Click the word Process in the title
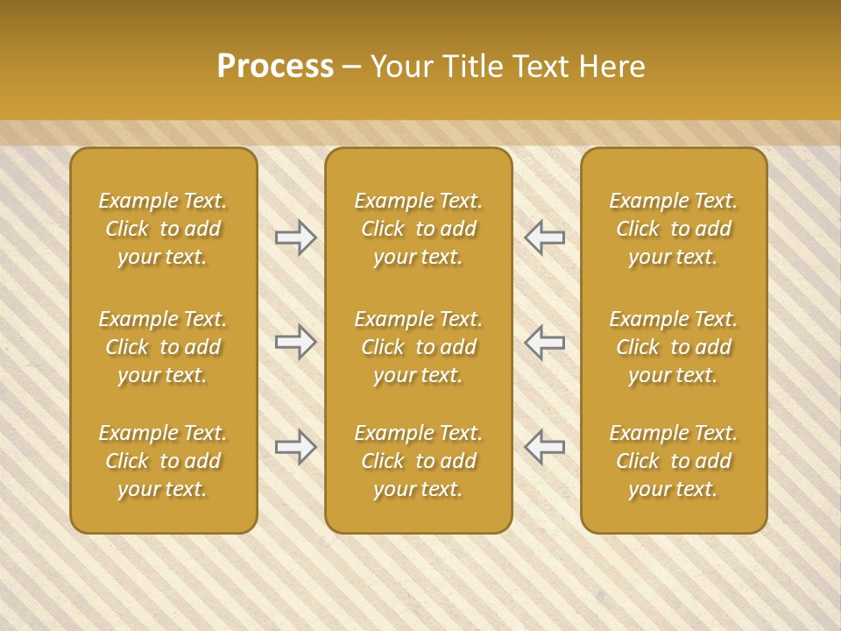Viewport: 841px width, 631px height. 275,67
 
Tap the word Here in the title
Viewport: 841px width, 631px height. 611,67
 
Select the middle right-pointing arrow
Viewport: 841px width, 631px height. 296,342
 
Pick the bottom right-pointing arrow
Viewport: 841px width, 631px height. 296,447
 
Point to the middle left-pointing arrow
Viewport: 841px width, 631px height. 544,342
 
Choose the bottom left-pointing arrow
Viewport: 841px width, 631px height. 544,447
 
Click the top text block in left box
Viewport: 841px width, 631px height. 163,229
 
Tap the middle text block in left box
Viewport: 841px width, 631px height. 163,347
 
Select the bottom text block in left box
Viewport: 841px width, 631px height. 163,461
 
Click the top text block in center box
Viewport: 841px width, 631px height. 418,229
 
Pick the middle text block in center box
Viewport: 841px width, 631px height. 418,347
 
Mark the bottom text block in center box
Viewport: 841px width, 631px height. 418,461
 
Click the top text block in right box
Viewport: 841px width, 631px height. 674,229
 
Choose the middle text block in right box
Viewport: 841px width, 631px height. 674,347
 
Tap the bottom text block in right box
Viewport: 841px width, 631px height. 674,461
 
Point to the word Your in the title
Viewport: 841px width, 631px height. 401,67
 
